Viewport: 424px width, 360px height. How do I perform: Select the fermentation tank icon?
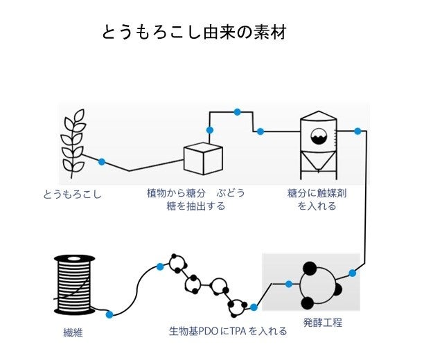tap(318, 141)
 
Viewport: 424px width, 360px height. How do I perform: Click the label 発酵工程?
tap(323, 323)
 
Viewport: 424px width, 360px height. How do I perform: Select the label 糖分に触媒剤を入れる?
tap(317, 199)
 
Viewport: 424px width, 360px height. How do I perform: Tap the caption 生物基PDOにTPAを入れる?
tap(228, 332)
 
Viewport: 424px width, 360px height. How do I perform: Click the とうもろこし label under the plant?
tap(73, 195)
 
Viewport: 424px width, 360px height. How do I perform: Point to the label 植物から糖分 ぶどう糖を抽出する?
tap(195, 199)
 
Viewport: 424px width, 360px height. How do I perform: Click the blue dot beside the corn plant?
tap(102, 162)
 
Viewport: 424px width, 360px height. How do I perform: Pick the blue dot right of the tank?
tap(357, 131)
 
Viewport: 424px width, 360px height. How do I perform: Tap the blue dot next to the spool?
tap(109, 314)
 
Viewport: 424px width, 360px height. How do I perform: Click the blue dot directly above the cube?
tap(209, 130)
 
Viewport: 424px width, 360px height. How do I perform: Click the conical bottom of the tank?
tap(318, 163)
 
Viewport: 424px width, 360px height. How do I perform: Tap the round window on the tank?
tap(319, 136)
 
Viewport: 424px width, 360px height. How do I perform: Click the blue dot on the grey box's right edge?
tap(353, 273)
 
